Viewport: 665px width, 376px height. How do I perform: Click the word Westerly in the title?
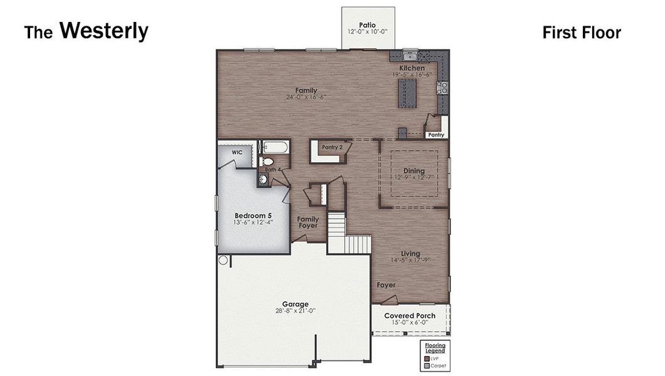coord(104,31)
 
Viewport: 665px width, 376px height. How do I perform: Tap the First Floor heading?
coord(581,33)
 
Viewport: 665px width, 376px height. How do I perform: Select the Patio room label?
coord(368,24)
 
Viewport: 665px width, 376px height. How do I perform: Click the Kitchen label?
coord(412,68)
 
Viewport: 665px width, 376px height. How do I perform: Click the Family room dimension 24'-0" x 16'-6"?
coord(306,97)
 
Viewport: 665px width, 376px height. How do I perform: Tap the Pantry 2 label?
coord(332,147)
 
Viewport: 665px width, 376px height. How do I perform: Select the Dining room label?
coord(414,170)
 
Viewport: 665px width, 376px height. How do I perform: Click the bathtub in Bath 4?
coord(274,149)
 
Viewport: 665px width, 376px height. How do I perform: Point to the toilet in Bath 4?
coord(266,162)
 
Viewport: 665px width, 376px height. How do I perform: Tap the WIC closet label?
coord(237,152)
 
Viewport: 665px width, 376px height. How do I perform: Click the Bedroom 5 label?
coord(248,215)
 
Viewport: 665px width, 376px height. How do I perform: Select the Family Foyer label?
coord(308,223)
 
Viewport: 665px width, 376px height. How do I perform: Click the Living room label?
coord(411,254)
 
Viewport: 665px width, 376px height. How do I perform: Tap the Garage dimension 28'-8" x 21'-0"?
coord(295,311)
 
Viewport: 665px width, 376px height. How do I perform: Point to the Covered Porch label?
coord(410,316)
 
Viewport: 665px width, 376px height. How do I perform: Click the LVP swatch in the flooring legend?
coord(427,358)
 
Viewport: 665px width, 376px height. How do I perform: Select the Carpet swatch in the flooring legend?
coord(427,365)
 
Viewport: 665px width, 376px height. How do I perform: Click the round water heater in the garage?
coord(223,259)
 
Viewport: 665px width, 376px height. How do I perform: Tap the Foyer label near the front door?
coord(386,285)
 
